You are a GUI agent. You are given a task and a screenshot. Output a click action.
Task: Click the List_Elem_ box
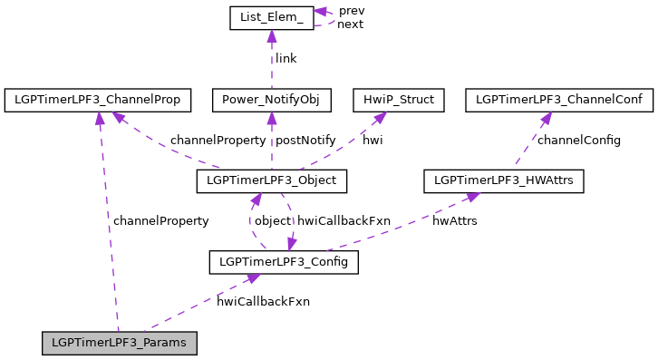270,18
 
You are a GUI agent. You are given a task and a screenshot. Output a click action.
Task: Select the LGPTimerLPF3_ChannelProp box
98,100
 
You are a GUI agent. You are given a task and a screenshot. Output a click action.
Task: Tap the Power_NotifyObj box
271,100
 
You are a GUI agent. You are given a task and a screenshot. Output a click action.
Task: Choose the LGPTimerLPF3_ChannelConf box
558,100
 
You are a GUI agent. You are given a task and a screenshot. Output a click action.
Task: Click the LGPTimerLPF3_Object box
271,181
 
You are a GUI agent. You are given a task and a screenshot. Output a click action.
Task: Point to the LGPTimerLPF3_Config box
284,263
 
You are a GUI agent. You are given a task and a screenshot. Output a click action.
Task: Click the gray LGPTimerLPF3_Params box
119,344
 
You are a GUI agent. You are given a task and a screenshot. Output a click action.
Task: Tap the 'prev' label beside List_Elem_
352,10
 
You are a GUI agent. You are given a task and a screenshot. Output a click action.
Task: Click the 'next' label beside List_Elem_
350,24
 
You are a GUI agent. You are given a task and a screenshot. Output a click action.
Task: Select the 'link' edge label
286,59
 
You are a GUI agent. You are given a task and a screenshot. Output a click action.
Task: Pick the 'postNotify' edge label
305,141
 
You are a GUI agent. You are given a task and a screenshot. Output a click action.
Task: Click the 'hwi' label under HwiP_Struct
373,141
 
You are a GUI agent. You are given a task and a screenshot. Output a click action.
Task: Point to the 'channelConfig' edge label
579,141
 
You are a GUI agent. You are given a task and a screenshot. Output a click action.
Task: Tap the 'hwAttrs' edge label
454,220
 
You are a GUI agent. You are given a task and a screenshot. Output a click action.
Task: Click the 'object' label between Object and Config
272,220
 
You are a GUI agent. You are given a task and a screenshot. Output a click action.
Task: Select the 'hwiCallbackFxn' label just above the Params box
263,301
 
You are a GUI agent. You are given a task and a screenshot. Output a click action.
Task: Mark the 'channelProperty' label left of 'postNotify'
218,141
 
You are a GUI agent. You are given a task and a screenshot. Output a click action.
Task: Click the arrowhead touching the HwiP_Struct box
382,117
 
